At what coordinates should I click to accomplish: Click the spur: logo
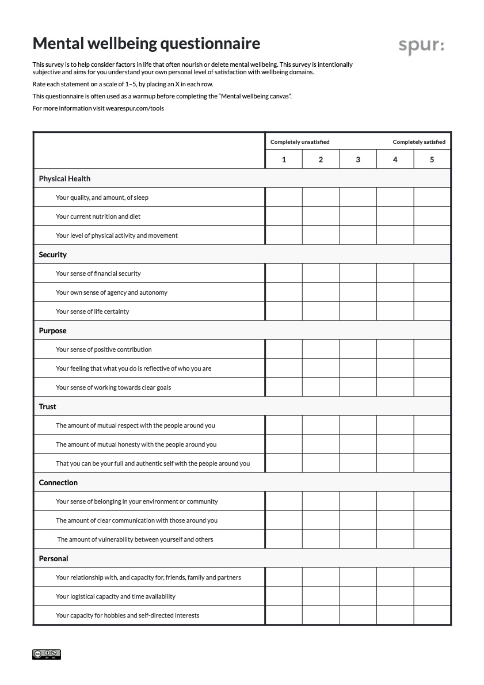421,46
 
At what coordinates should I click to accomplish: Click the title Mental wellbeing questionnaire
146,43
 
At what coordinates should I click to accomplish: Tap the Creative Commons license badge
47,654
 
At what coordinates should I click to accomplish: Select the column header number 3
358,159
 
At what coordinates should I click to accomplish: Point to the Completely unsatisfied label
300,142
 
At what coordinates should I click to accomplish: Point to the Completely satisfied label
419,142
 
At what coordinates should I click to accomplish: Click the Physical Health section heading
64,178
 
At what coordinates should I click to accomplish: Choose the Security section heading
53,254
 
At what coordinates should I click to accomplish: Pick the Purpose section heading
53,330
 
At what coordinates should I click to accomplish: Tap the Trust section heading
48,406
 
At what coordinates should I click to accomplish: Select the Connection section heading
58,482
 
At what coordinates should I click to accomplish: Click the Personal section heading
54,558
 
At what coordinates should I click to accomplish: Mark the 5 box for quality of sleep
432,197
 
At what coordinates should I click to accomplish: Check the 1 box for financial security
284,273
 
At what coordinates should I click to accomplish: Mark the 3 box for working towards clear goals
358,387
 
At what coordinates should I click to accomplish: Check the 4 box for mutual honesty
395,444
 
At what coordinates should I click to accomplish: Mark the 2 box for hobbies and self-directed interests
321,615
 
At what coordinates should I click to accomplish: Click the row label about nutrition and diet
98,216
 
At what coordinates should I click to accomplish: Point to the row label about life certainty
92,311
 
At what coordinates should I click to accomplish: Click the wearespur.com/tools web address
131,108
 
